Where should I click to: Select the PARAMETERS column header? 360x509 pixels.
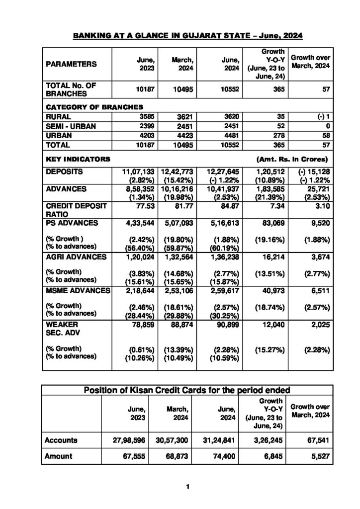pyautogui.click(x=72, y=64)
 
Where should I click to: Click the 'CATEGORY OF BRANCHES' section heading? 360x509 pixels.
pyautogui.click(x=94, y=107)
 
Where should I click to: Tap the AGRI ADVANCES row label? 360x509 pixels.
pyautogui.click(x=76, y=257)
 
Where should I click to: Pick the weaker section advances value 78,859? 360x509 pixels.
pyautogui.click(x=143, y=325)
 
